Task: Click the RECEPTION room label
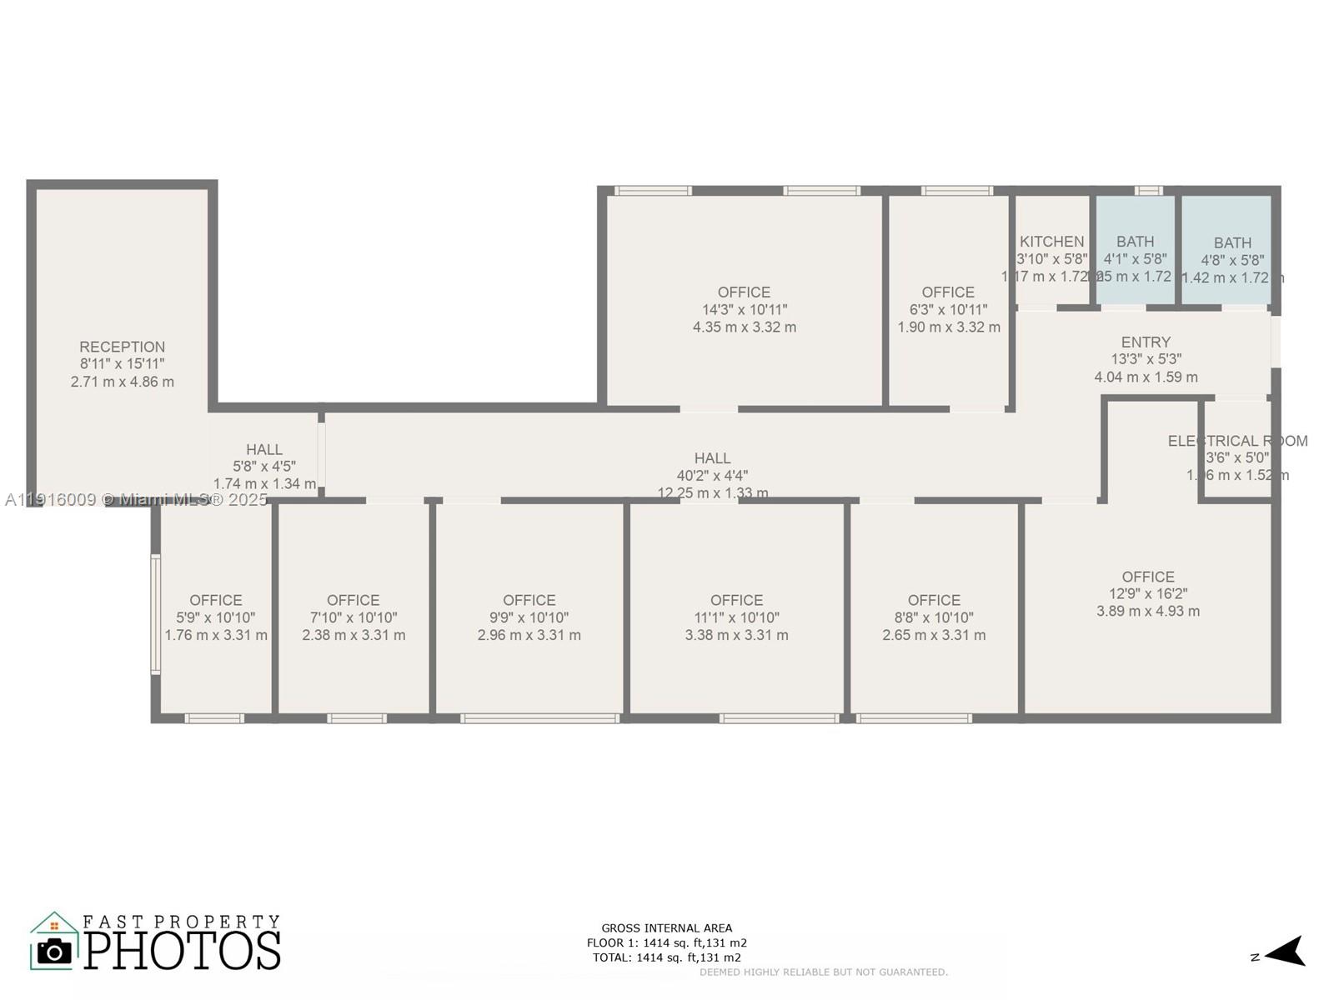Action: [x=122, y=347]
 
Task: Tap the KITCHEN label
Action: [x=1051, y=242]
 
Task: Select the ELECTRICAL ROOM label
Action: [x=1237, y=441]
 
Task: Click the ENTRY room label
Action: [x=1146, y=342]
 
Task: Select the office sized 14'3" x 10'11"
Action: [x=744, y=309]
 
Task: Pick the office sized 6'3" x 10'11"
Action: [x=948, y=309]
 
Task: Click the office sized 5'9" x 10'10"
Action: [x=216, y=617]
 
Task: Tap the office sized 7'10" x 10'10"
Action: [x=354, y=617]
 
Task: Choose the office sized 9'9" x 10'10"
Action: [x=529, y=617]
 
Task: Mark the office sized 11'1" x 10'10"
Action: [x=736, y=617]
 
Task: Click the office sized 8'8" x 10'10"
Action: [x=934, y=617]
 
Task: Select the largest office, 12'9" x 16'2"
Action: [x=1147, y=593]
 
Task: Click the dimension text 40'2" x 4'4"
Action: [x=712, y=476]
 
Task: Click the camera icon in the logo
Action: [x=55, y=951]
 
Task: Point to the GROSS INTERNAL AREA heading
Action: [x=666, y=927]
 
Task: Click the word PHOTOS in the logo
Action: [x=182, y=951]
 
